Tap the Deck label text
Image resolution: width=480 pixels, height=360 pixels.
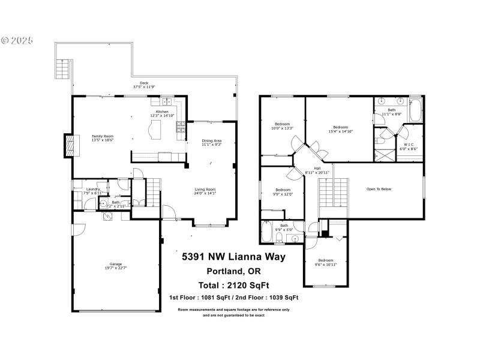click(x=144, y=83)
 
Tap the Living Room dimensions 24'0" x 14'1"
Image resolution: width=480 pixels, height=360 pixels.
click(x=205, y=193)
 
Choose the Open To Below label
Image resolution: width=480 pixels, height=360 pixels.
click(x=379, y=189)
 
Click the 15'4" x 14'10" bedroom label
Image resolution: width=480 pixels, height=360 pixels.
click(x=340, y=127)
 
